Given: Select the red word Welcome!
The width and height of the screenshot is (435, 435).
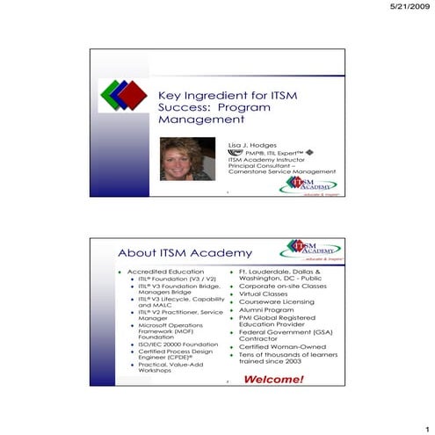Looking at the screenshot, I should (273, 380).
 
